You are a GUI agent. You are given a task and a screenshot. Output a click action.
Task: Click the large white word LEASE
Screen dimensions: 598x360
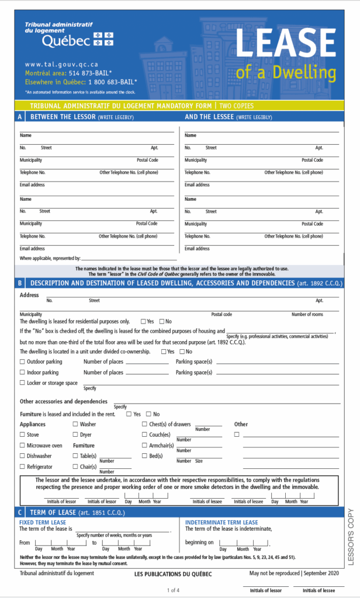[x=286, y=43]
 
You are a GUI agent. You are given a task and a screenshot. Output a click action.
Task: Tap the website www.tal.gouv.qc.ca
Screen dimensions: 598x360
[x=61, y=64]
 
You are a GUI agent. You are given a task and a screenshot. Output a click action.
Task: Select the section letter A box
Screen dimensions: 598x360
[x=20, y=117]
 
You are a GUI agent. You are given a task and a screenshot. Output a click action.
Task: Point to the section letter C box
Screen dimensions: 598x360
[x=20, y=512]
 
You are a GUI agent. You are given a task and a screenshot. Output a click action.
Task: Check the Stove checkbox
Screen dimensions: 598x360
[x=22, y=434]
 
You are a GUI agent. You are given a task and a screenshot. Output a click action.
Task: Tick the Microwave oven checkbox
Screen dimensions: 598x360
[x=22, y=445]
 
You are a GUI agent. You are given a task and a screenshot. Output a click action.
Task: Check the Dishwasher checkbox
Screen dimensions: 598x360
[x=22, y=456]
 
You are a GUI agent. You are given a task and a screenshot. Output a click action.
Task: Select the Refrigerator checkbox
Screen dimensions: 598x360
[x=22, y=467]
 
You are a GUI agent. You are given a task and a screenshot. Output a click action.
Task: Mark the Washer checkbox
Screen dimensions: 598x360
[x=75, y=424]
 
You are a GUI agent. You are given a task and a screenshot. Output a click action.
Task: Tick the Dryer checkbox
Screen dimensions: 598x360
[x=75, y=434]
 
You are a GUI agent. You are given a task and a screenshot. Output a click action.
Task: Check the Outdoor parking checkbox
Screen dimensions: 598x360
[x=22, y=362]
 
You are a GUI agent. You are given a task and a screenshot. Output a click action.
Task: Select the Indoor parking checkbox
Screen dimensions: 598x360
[x=22, y=372]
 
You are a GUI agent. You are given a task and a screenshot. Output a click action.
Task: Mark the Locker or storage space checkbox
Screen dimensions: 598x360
[x=22, y=383]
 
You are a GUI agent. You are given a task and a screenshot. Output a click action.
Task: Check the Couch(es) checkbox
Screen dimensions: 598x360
[x=144, y=434]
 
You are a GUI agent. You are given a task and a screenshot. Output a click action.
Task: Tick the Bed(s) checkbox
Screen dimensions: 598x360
[x=144, y=456]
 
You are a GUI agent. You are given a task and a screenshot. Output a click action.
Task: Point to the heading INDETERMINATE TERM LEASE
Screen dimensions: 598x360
[x=221, y=522]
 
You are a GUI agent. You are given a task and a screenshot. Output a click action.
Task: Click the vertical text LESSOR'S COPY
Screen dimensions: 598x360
[x=351, y=537]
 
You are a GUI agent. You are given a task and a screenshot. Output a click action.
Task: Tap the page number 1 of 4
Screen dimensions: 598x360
[x=173, y=590]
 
